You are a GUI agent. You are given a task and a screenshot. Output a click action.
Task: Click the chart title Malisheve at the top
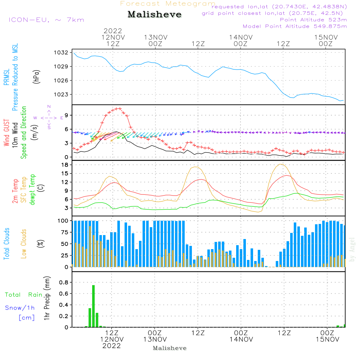click(155, 15)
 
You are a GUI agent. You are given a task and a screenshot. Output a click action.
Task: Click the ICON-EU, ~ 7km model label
click(46, 20)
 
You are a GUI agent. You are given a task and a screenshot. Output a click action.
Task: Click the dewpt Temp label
click(33, 190)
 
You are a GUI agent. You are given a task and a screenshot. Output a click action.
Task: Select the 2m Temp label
click(15, 190)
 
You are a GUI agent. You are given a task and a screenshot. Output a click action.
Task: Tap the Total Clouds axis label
click(7, 244)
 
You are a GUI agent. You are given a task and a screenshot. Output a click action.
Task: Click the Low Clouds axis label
click(24, 244)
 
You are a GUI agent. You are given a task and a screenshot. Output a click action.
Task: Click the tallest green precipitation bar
click(93, 306)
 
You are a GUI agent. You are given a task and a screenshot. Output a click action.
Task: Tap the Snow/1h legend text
click(20, 308)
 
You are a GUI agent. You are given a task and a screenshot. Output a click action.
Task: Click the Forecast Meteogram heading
click(168, 4)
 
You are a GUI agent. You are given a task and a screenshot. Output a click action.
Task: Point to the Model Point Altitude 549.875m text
click(295, 26)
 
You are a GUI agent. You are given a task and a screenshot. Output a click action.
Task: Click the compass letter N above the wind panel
click(49, 107)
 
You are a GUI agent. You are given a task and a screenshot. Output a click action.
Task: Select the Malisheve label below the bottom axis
click(170, 348)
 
